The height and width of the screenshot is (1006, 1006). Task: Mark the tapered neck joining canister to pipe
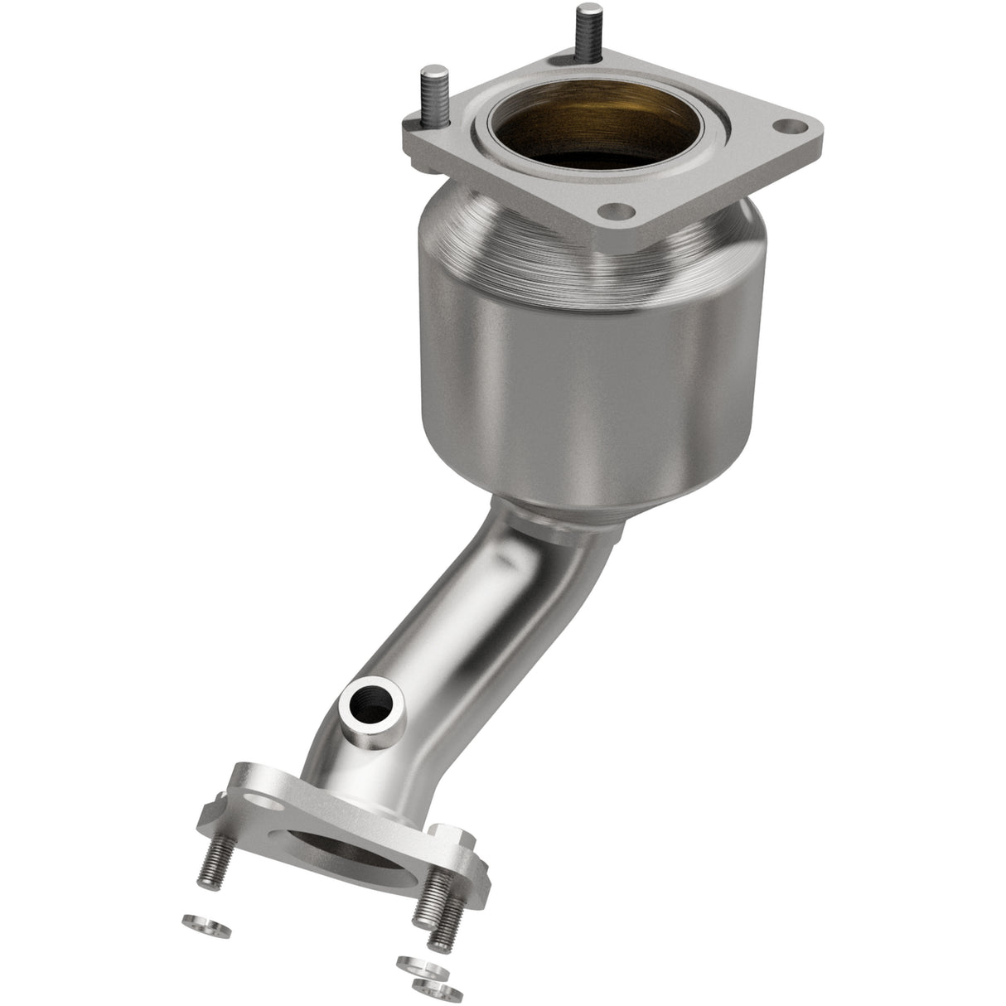pos(563,519)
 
